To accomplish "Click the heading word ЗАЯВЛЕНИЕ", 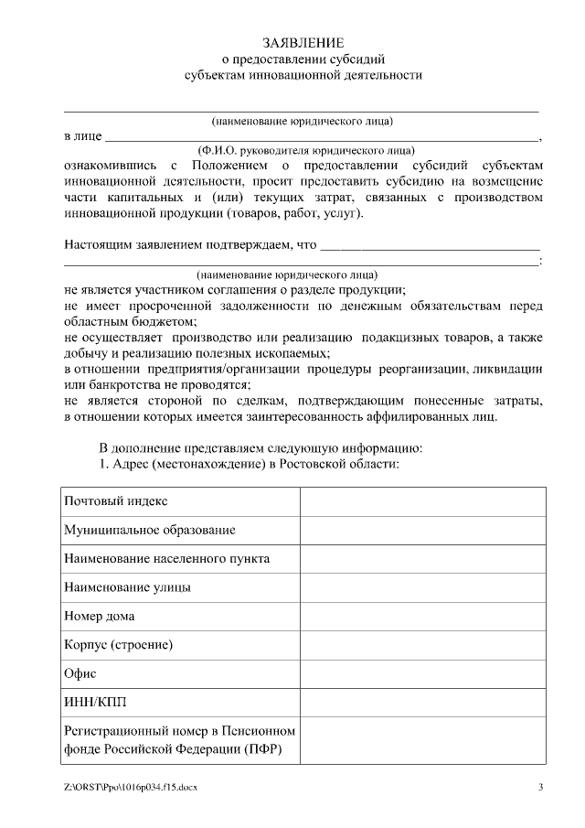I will click(x=303, y=43).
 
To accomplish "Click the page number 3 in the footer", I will click(x=540, y=787).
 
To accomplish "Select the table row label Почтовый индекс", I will click(x=115, y=502).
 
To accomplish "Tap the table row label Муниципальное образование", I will click(x=150, y=530).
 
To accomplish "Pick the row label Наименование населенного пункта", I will click(x=166, y=558).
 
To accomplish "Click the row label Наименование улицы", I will click(x=127, y=586).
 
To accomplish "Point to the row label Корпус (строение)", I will click(x=119, y=644).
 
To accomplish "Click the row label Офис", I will click(x=80, y=672).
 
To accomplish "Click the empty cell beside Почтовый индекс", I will click(x=422, y=502).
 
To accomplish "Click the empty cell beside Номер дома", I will click(x=422, y=616).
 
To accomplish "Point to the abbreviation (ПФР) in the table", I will click(x=263, y=749).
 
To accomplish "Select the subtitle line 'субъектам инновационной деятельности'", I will click(x=303, y=75).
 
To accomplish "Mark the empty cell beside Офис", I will click(x=422, y=672).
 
